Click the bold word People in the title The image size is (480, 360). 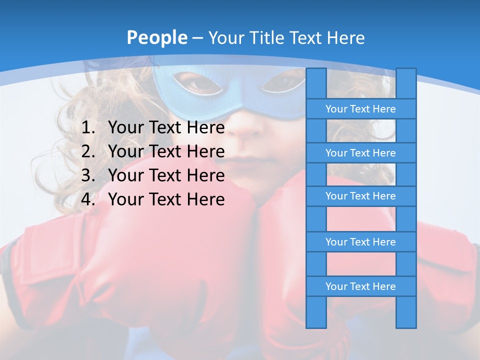(x=157, y=37)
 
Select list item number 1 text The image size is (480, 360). (x=166, y=128)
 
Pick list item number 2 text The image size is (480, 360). (x=166, y=151)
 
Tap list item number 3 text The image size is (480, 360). (x=166, y=175)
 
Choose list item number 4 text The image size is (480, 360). (x=166, y=199)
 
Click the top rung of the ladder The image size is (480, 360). (x=360, y=109)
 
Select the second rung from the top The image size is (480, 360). (x=360, y=153)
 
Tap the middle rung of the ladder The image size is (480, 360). (x=360, y=196)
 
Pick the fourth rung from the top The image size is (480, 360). (x=360, y=242)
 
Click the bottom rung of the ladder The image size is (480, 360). (x=360, y=286)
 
